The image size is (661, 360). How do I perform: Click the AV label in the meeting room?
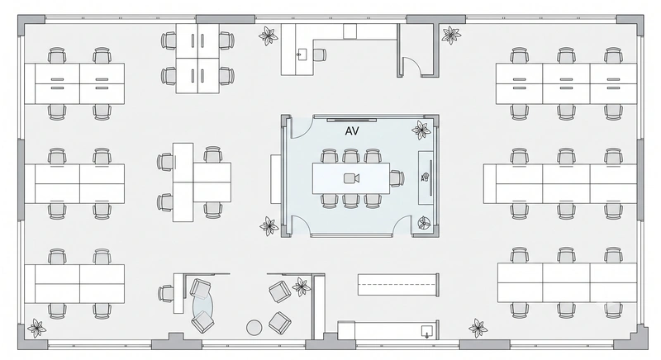(x=352, y=131)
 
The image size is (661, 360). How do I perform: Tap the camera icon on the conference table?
(x=351, y=178)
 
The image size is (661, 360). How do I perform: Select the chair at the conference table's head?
(x=397, y=178)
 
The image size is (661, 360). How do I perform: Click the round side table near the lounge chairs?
(x=254, y=327)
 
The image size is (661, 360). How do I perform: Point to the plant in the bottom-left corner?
(x=36, y=328)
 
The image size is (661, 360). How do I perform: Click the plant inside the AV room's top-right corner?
(x=421, y=130)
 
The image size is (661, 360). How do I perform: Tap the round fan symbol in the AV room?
(x=424, y=223)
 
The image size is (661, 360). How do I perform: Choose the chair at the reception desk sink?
(x=319, y=54)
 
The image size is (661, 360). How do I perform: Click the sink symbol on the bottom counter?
(x=427, y=331)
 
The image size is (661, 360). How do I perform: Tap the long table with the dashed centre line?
(x=398, y=284)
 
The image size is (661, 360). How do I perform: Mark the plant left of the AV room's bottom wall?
(x=269, y=226)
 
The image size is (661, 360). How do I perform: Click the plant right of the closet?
(x=451, y=36)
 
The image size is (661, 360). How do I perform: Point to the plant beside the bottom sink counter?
(x=478, y=328)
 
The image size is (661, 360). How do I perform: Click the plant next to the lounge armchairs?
(x=302, y=287)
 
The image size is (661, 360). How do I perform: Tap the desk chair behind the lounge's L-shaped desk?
(x=166, y=294)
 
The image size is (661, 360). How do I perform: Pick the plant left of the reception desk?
(x=268, y=36)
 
